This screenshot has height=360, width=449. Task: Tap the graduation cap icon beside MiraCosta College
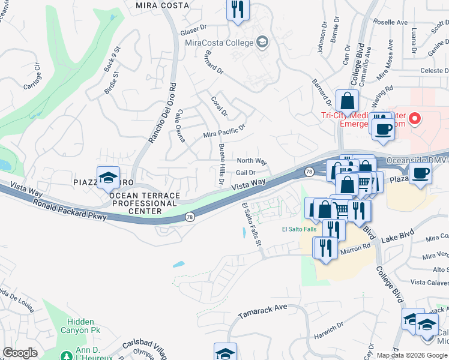262,42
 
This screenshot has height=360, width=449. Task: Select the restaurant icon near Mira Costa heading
238,10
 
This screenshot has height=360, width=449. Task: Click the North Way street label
252,161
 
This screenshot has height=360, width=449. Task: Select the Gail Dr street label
246,172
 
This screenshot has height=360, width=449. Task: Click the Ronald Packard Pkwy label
70,209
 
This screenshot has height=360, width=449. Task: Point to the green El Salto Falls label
298,229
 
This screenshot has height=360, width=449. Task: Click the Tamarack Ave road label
263,310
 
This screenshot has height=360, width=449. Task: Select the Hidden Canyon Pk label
80,326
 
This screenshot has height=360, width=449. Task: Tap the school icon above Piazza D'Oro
108,178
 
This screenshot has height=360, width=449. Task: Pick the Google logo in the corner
20,353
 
